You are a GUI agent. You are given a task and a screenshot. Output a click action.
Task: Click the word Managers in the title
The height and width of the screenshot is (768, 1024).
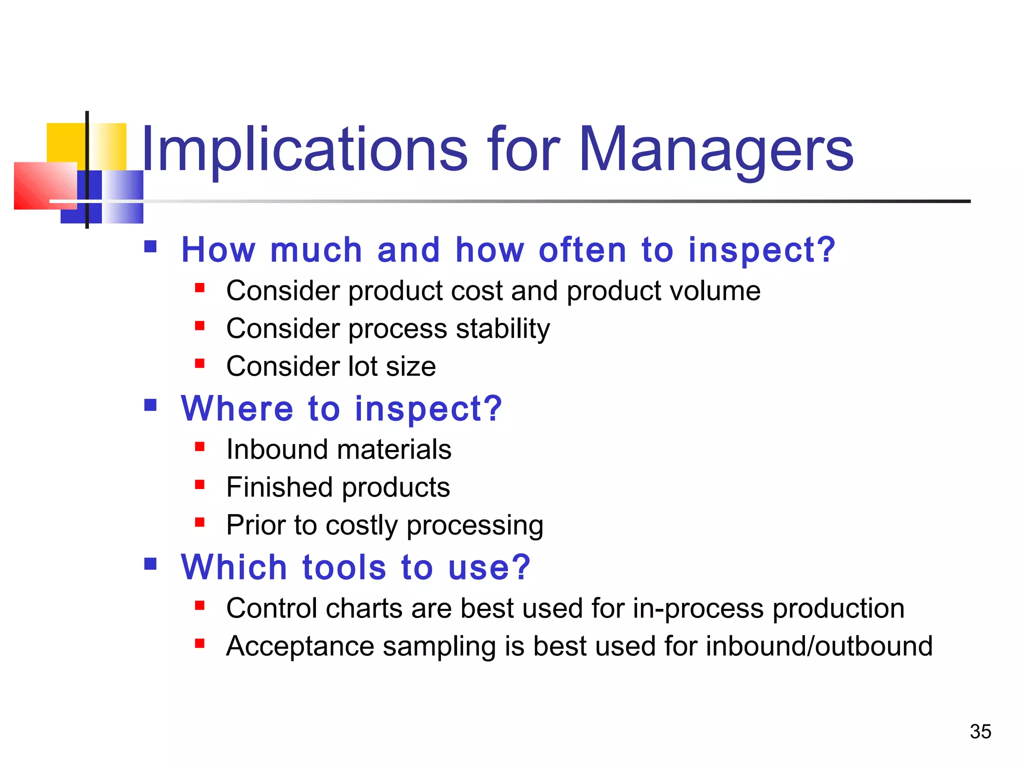pos(715,150)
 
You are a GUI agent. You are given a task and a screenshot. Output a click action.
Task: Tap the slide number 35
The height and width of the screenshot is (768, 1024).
pos(980,731)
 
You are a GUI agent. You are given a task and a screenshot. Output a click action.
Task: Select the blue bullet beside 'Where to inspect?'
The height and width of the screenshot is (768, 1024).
pos(150,405)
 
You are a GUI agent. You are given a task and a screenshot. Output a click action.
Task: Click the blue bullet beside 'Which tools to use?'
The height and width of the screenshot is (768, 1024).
pos(150,564)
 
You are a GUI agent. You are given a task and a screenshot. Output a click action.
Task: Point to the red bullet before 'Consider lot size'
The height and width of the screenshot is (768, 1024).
pos(200,363)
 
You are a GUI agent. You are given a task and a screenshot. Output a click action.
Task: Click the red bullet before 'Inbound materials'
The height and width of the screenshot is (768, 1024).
pos(200,446)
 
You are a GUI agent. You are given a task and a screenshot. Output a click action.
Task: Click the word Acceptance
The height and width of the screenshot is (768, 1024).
pos(300,646)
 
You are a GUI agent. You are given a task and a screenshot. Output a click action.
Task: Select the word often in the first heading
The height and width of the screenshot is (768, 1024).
pos(582,249)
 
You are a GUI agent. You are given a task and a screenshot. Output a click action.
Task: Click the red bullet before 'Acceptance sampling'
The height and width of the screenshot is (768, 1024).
pos(200,643)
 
